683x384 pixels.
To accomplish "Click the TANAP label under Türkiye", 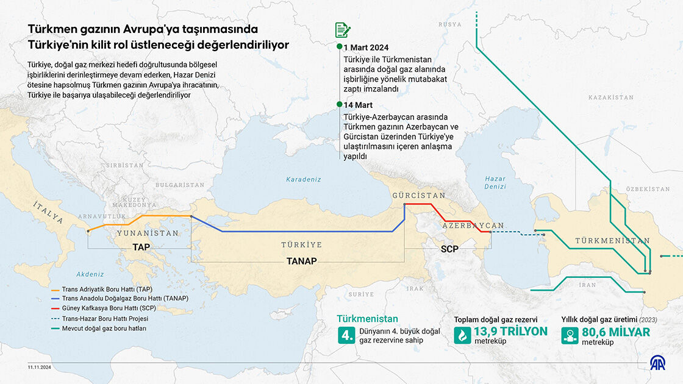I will coord(302,261).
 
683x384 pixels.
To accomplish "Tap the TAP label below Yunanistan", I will coord(141,247).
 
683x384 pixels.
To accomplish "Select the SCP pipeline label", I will coord(449,249).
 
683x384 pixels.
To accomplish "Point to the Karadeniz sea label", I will coord(304,179).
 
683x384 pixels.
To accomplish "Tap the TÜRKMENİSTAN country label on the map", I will coord(612,241).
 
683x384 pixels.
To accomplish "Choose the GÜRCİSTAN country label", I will coord(418,195).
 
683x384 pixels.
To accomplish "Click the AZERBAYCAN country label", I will coord(473,226).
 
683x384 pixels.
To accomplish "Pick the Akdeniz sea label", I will coord(90,274).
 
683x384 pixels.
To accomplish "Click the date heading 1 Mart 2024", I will coord(366,48).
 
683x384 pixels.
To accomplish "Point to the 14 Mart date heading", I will coord(358,105).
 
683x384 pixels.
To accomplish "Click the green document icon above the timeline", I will coord(342,30).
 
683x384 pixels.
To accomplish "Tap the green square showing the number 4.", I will coord(347,335).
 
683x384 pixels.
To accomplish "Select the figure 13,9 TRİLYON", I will coord(510,332).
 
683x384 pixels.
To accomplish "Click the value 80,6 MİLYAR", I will coord(616,332).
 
